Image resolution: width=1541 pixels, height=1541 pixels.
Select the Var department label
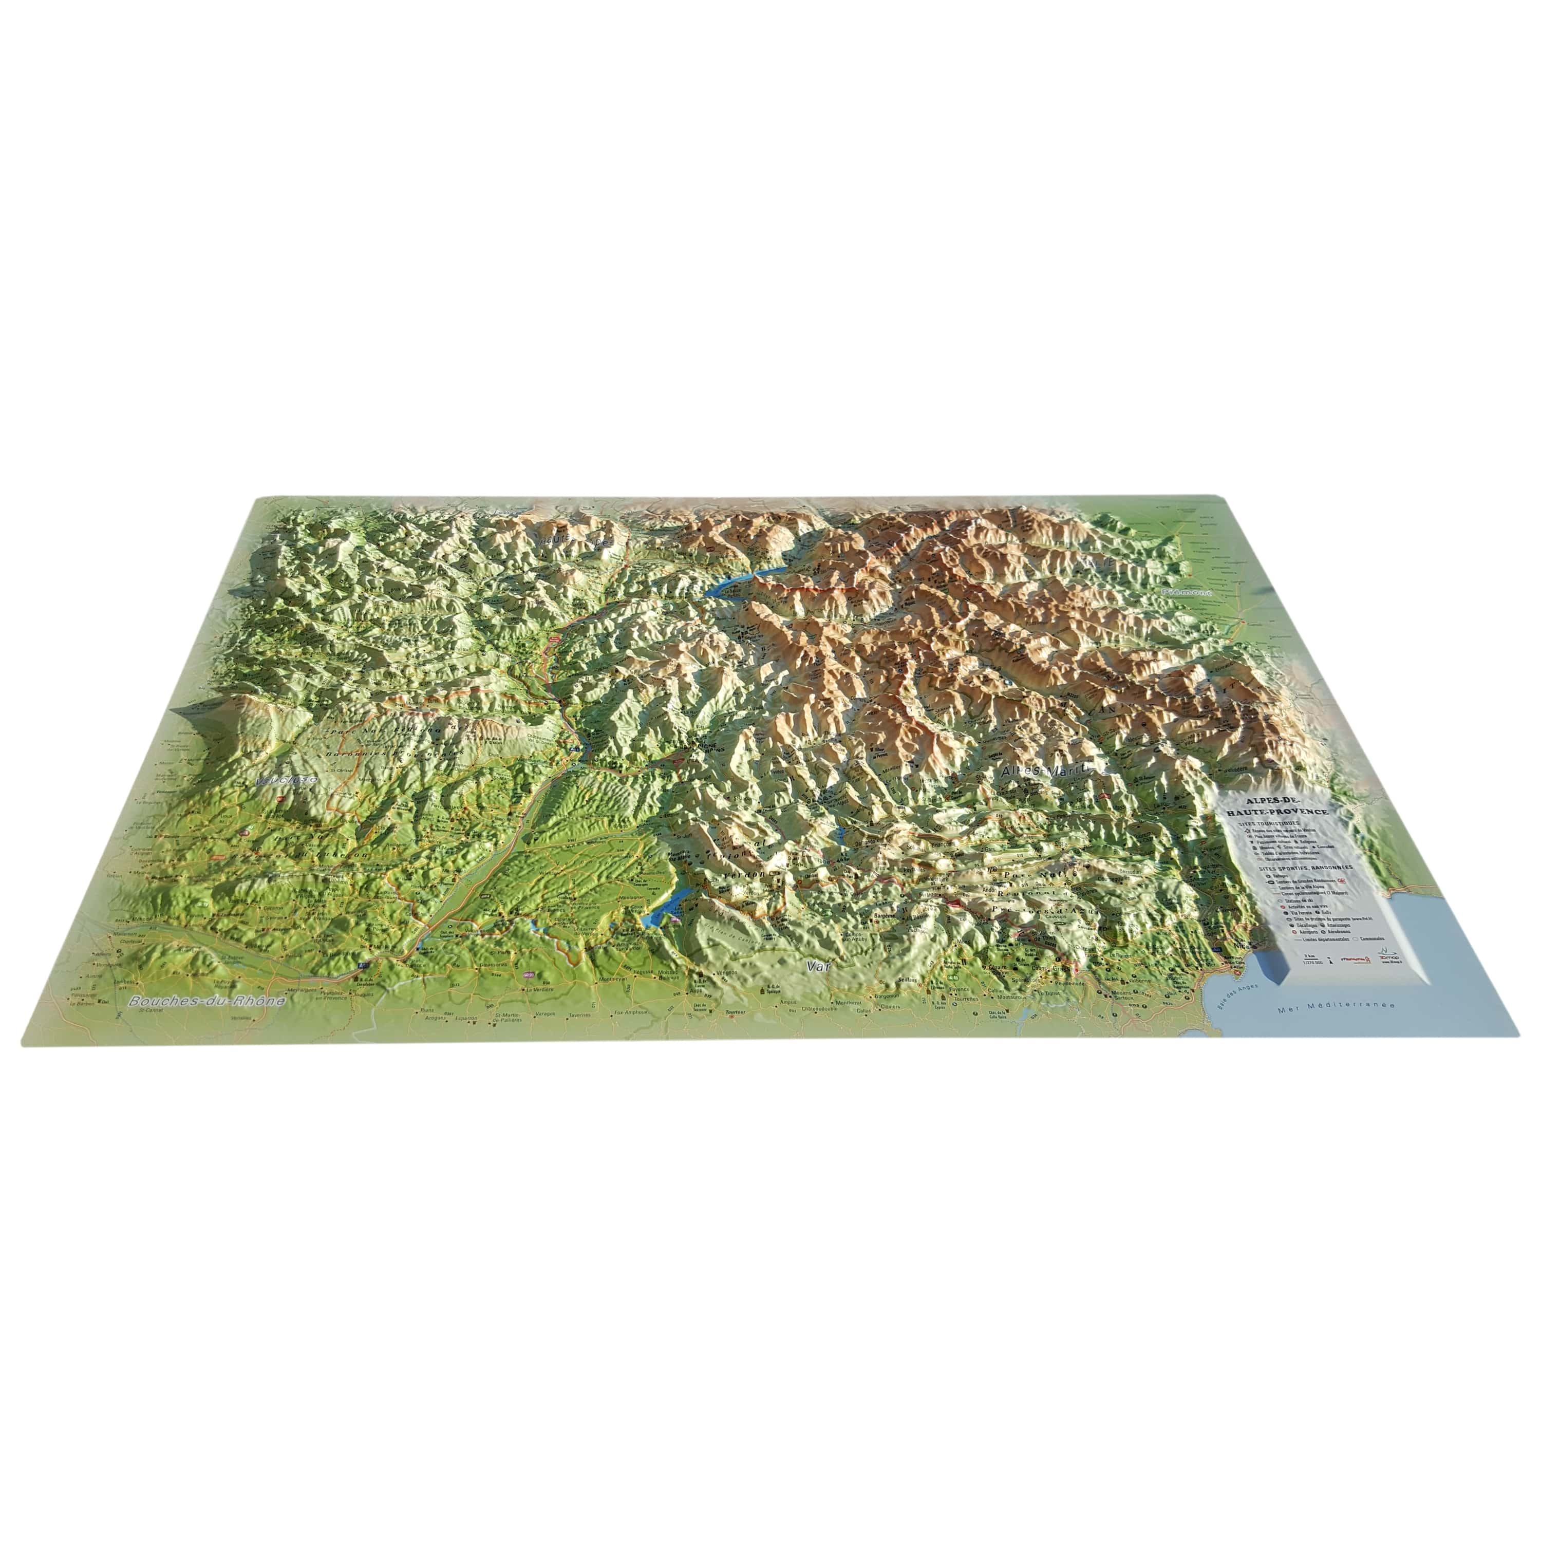click(814, 966)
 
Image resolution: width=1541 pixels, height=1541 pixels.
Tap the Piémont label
click(1186, 593)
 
